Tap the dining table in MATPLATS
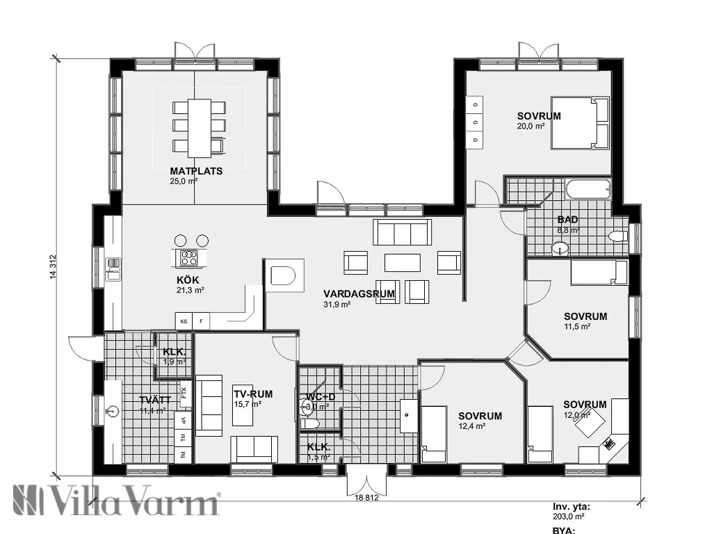pos(200,127)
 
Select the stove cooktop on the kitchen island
pos(188,258)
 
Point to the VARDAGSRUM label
pos(359,294)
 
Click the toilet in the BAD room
pos(617,236)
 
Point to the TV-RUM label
pos(253,394)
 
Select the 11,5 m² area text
pos(576,326)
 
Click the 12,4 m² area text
pos(471,426)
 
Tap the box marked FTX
pos(184,391)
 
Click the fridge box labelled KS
pos(184,321)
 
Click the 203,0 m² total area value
pos(568,517)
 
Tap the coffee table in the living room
pos(403,262)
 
